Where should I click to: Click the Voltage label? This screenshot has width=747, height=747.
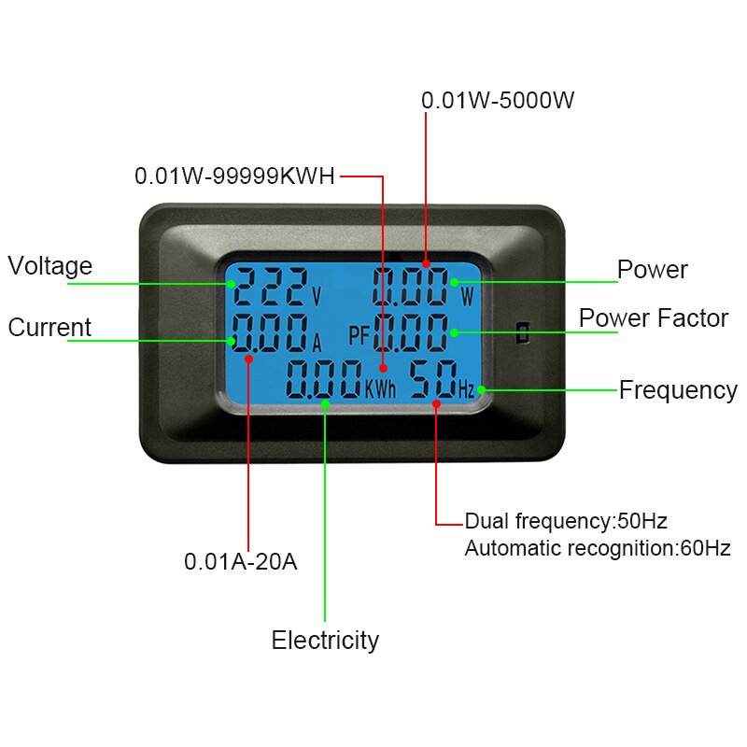pos(50,266)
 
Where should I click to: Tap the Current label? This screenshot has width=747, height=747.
pos(49,328)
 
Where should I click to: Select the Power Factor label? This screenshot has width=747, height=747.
pos(653,318)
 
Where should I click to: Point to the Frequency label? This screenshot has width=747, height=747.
pos(678,390)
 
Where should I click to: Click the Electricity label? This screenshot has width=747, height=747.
pos(325,641)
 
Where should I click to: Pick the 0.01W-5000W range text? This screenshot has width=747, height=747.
pos(497,101)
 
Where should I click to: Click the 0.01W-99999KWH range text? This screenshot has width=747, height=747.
pos(234,176)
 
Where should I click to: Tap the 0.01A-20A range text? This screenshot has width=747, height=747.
pos(240,562)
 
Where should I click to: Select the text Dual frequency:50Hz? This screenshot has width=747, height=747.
pos(566,521)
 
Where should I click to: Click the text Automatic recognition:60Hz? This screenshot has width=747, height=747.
pos(598,549)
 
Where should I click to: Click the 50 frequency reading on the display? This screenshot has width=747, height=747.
pos(431,379)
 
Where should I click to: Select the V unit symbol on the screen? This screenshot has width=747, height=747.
pos(316,298)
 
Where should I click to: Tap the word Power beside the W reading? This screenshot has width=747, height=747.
pos(653,271)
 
